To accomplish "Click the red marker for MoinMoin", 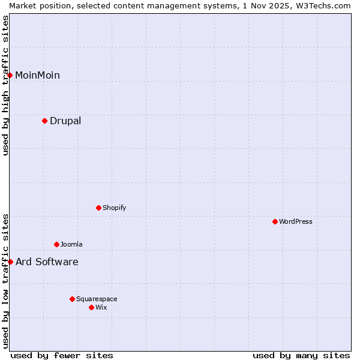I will (10, 75).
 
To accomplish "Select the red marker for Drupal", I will (45, 121).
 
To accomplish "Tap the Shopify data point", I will (98, 208).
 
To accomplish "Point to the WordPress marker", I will (275, 221).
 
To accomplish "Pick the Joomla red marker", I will (56, 244).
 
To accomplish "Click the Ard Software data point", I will (10, 262).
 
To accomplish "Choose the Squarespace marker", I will (72, 299).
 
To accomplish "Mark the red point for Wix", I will (91, 307).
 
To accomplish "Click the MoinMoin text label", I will (37, 75).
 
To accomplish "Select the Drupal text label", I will (65, 121).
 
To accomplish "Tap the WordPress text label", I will (296, 221).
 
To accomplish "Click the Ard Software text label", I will (47, 262).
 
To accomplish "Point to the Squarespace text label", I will (97, 299).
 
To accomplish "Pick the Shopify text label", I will (114, 208).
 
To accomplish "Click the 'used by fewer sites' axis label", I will (62, 355).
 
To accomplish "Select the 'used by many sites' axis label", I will (301, 355).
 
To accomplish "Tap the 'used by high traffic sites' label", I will (5, 85).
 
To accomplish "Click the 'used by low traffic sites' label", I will (5, 281).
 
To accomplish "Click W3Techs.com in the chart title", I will (322, 5).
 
